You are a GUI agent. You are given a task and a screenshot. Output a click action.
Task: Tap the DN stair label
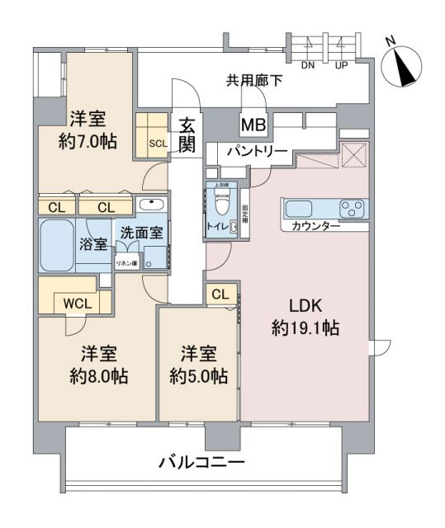[x=307, y=65]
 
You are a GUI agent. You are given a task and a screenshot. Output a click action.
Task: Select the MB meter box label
[x=252, y=125]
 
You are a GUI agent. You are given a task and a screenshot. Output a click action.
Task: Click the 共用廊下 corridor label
[x=255, y=81]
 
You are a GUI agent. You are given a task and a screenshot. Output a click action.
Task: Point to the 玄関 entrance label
[x=187, y=135]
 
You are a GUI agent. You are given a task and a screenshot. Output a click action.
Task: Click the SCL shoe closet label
[x=158, y=142]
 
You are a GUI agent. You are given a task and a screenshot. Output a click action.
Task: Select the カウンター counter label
[x=316, y=226]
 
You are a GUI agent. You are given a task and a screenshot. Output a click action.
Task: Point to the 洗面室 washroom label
[x=142, y=233]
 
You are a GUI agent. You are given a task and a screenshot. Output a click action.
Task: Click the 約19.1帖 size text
[x=306, y=328]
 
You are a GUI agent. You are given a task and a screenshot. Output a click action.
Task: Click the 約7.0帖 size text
[x=87, y=141]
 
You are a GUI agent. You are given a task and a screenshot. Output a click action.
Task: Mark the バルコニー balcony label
[x=201, y=462]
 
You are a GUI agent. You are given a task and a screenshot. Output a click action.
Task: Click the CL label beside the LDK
[x=220, y=295]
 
